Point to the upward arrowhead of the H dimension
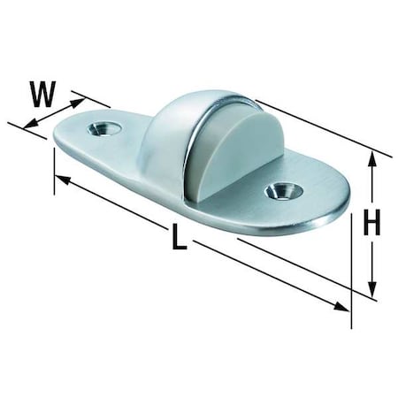[x=373, y=159]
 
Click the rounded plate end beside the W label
[x=66, y=142]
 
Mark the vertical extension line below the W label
[x=55, y=164]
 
